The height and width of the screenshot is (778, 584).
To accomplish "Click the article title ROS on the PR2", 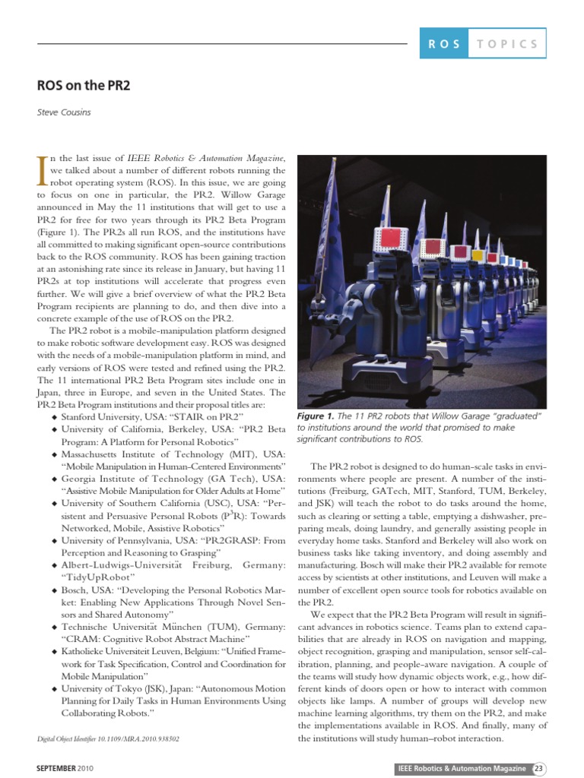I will [x=84, y=85].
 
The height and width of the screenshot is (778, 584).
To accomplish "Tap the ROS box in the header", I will [x=444, y=44].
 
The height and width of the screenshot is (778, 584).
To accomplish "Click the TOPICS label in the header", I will [x=508, y=44].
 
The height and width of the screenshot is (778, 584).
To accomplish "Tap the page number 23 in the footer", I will [x=538, y=769].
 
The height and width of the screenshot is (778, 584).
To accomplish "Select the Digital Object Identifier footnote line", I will [x=108, y=738].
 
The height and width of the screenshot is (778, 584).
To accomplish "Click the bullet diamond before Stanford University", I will [x=54, y=418].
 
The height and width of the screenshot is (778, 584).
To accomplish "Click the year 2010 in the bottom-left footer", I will [x=87, y=769].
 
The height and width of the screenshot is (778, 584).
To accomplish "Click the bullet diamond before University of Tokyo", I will [x=54, y=689].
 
